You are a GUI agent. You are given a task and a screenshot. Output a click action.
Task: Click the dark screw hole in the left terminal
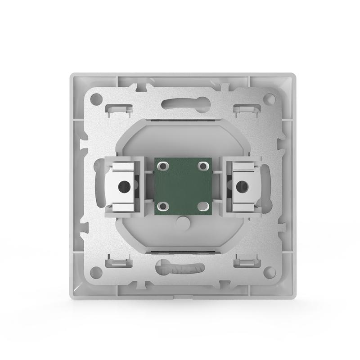(122, 184)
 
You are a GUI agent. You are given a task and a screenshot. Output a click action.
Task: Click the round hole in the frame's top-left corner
(95, 98)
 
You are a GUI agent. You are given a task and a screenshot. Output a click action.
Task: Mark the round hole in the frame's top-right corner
(269, 98)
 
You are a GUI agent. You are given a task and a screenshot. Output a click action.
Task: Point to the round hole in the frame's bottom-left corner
(95, 271)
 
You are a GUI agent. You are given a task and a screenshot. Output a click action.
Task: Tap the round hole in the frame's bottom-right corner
(269, 271)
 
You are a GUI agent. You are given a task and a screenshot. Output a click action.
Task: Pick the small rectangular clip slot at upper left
(119, 108)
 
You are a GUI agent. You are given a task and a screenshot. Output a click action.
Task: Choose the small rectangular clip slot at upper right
(247, 108)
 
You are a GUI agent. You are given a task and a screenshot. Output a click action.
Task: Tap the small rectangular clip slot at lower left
(119, 262)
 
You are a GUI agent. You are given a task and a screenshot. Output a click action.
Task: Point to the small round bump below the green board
(182, 222)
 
